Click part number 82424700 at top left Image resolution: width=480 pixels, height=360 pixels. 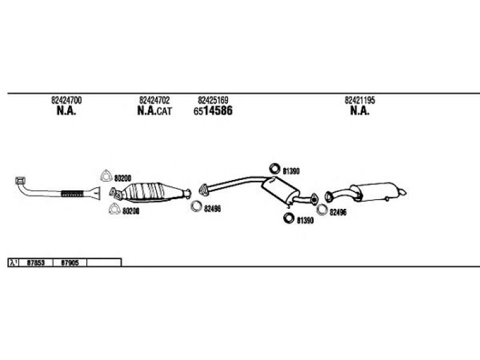pyautogui.click(x=67, y=100)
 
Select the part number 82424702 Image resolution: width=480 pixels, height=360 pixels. pyautogui.click(x=154, y=100)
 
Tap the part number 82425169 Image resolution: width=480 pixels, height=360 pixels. pyautogui.click(x=213, y=100)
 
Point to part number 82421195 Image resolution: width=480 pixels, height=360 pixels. pyautogui.click(x=359, y=100)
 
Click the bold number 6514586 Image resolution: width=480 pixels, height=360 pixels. pyautogui.click(x=213, y=110)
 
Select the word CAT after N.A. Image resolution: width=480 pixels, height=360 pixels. pyautogui.click(x=164, y=111)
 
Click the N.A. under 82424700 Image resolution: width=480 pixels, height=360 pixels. pyautogui.click(x=66, y=110)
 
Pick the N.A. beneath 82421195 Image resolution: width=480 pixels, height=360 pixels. pyautogui.click(x=359, y=110)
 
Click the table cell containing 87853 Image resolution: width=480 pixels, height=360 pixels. pyautogui.click(x=36, y=263)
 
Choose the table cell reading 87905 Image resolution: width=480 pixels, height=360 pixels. pyautogui.click(x=70, y=263)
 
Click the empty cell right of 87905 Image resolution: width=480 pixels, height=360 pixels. pyautogui.click(x=104, y=263)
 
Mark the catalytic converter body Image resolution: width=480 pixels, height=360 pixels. pyautogui.click(x=146, y=192)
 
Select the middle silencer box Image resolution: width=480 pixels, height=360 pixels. pyautogui.click(x=280, y=190)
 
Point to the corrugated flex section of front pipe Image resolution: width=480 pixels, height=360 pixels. pyautogui.click(x=72, y=194)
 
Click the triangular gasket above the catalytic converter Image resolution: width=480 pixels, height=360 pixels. pyautogui.click(x=106, y=176)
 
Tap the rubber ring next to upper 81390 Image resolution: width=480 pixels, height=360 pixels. pyautogui.click(x=275, y=169)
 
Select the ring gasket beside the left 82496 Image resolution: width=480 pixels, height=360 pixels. pyautogui.click(x=196, y=206)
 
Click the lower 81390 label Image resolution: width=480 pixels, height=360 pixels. pyautogui.click(x=305, y=220)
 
